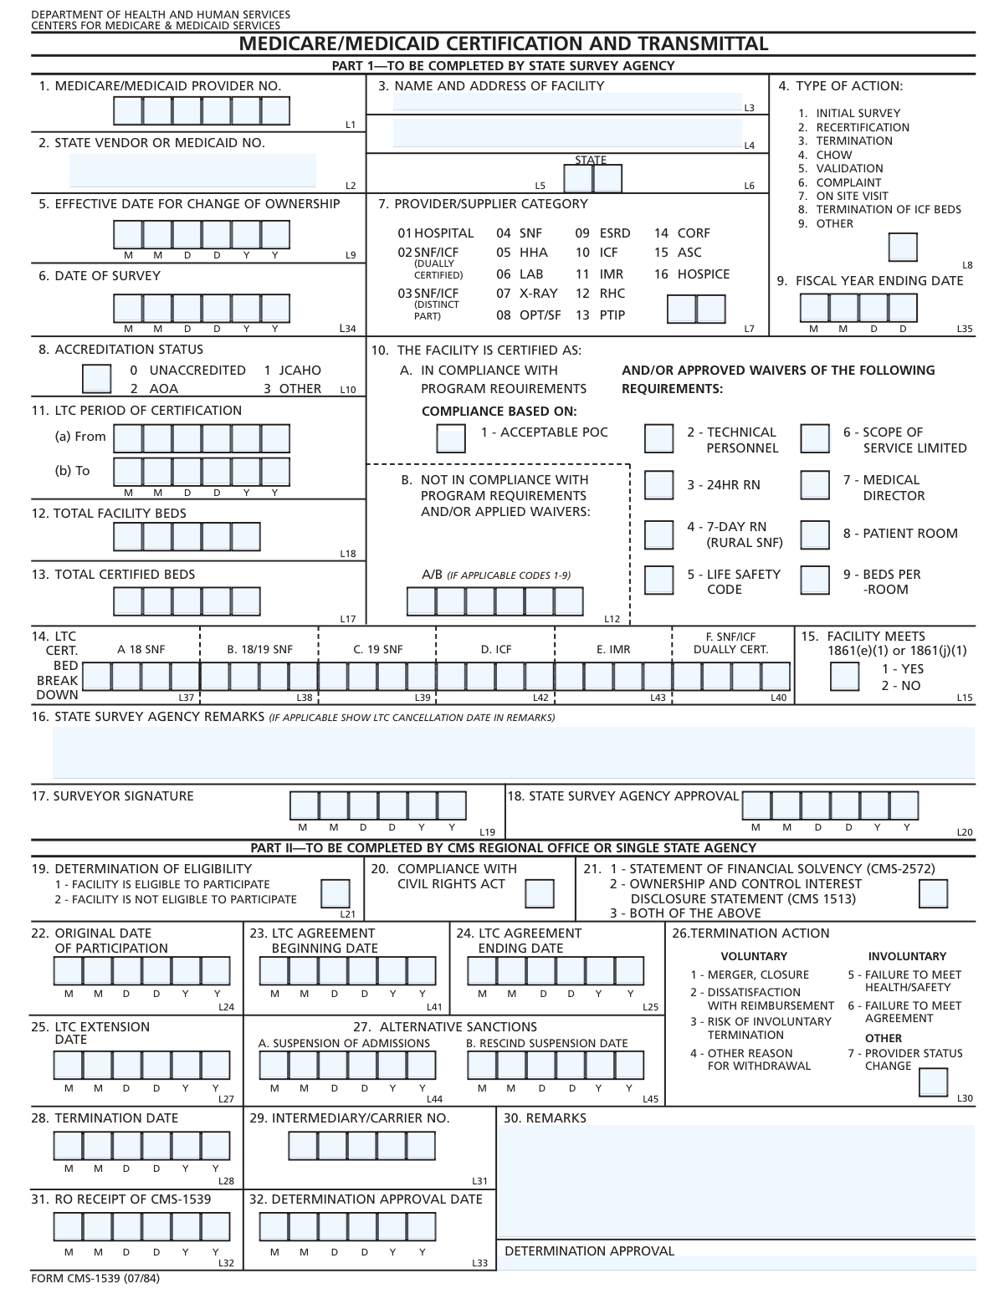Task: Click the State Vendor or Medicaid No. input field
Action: (x=192, y=171)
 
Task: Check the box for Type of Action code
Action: (x=902, y=248)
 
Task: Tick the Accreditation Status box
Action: (x=96, y=378)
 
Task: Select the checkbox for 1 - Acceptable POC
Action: (x=452, y=437)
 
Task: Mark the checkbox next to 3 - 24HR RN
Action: (x=658, y=485)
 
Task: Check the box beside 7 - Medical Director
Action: (x=815, y=485)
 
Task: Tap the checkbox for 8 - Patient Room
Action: (x=815, y=534)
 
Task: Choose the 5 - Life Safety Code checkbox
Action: (x=658, y=580)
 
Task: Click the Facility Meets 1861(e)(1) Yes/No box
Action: (x=844, y=676)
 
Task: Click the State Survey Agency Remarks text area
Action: (x=513, y=753)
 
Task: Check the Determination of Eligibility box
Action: (x=336, y=893)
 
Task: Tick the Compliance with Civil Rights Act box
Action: (x=539, y=893)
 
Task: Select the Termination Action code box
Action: (x=933, y=1082)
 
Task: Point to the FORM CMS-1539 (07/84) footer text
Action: (x=95, y=1278)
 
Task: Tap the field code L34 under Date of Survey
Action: (x=347, y=329)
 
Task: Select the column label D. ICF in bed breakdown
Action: (x=496, y=649)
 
